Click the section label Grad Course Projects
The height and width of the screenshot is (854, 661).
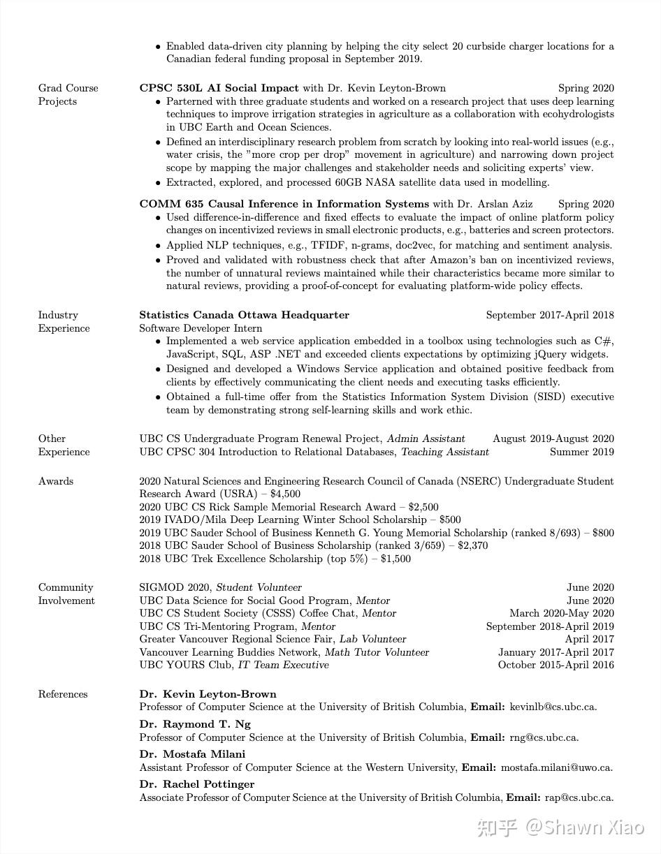point(68,95)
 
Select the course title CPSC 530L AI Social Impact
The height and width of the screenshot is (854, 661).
point(219,88)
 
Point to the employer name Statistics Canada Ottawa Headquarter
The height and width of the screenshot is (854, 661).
point(244,315)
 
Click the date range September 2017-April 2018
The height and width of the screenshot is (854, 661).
point(550,315)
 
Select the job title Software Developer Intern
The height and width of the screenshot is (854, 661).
point(201,328)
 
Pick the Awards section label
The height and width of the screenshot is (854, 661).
point(55,481)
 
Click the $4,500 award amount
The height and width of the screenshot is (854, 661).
point(285,494)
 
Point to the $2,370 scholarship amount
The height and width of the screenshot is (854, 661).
point(472,545)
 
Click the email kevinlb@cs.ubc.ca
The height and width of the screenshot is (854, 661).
point(553,707)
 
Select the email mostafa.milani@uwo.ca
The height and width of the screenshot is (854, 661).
point(556,767)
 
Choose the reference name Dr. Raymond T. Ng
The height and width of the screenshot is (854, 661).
point(194,724)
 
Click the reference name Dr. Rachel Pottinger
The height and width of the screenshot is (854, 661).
point(196,784)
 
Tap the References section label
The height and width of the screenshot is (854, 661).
point(63,694)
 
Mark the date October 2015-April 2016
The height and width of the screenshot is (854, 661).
point(555,665)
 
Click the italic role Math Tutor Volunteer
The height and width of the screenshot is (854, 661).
point(377,652)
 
